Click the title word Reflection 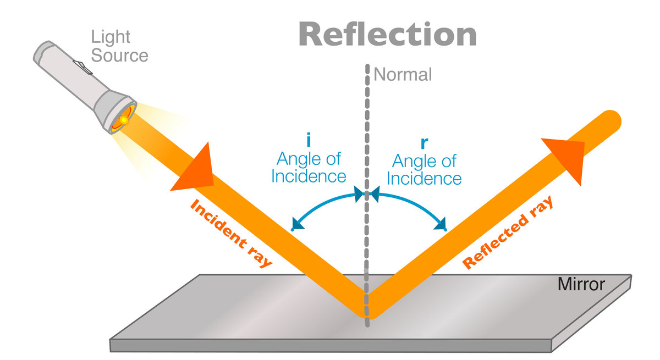coord(387,35)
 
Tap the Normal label coord(403,74)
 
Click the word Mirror coord(581,285)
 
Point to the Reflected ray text coord(507,233)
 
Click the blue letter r coord(424,142)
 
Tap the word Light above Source coord(111,37)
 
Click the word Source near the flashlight coord(119,56)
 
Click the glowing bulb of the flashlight coord(124,119)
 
